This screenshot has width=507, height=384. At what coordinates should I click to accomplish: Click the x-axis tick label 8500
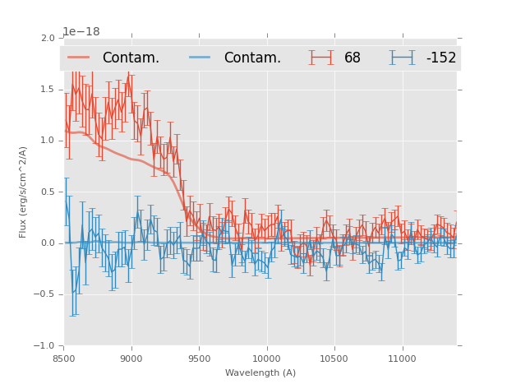64,359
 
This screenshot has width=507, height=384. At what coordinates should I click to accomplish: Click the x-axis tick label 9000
131,359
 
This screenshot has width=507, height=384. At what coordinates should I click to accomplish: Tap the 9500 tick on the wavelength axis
199,359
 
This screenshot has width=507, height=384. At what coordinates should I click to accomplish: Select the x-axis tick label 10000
266,359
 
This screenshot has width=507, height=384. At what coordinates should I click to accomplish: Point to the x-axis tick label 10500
334,359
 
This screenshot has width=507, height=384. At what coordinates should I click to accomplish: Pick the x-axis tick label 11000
402,359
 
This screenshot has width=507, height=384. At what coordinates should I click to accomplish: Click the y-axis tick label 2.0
47,38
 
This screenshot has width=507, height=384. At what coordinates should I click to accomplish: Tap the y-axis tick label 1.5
47,89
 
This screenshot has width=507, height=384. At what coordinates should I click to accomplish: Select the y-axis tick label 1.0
47,141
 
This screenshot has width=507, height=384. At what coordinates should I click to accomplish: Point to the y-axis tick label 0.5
47,192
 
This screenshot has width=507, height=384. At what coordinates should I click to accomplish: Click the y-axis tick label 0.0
47,243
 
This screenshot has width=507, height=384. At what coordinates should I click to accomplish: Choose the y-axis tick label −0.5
44,294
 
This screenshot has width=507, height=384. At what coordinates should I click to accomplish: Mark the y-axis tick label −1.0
44,346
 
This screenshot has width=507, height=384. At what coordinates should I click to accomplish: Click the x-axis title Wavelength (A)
260,373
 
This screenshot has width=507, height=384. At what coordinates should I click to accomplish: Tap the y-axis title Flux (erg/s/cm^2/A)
24,192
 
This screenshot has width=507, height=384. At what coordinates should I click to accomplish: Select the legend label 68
353,58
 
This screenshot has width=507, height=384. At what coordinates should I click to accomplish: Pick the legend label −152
441,58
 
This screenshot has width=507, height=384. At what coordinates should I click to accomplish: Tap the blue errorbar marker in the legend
402,58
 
